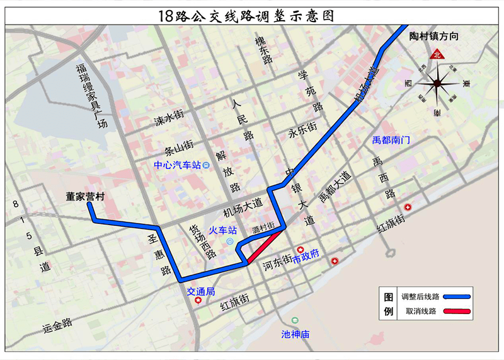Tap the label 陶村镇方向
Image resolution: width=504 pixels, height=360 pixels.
coord(433,37)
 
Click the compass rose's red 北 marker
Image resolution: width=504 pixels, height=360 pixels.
coord(437,55)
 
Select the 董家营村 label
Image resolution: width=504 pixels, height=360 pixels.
coord(86,196)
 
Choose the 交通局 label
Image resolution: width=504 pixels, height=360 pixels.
coord(201,291)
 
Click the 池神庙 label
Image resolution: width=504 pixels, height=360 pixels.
coord(295,334)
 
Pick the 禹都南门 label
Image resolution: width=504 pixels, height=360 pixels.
coord(391,139)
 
